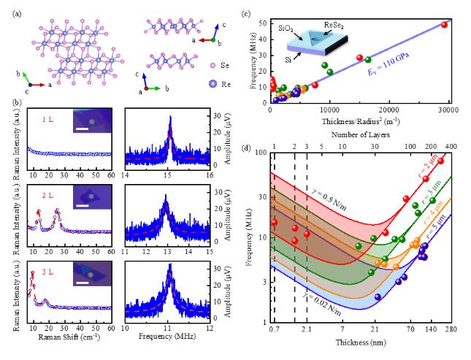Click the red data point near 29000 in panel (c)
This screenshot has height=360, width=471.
pyautogui.click(x=443, y=24)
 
